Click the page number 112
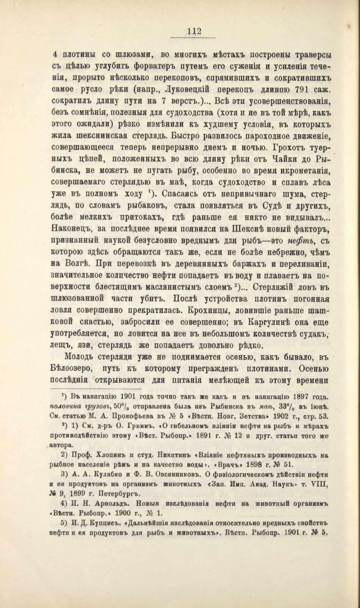pos(193,31)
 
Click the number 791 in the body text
pos(294,91)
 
